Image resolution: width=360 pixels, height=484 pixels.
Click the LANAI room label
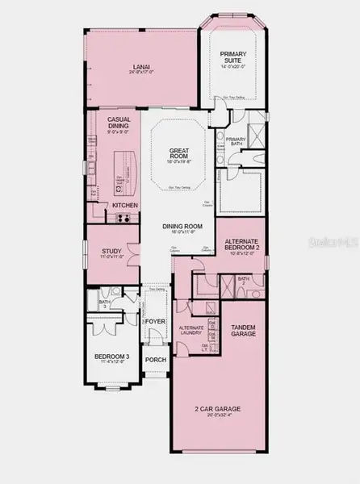[142, 68]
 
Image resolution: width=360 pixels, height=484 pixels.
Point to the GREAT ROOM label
[178, 152]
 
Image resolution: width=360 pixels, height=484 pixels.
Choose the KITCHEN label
[125, 207]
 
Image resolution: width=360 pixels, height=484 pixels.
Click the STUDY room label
[111, 252]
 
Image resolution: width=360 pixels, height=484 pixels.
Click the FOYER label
[155, 322]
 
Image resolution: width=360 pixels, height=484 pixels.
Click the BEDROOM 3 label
[111, 356]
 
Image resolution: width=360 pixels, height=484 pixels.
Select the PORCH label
[154, 360]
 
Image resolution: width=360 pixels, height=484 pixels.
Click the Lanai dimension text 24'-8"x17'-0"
[142, 73]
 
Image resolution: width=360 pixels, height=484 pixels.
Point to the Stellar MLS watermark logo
[341, 240]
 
